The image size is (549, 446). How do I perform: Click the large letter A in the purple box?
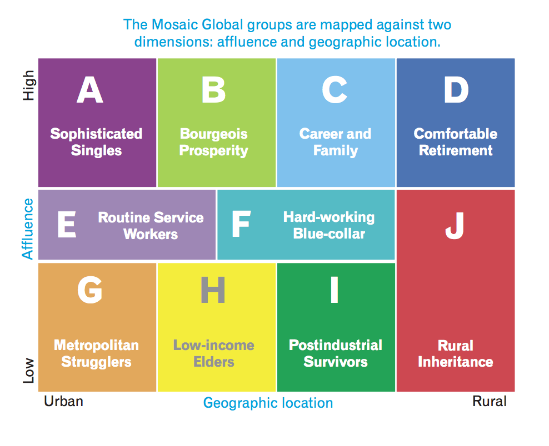tap(90, 90)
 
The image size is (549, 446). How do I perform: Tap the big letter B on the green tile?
tap(213, 90)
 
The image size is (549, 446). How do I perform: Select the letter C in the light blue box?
tap(335, 90)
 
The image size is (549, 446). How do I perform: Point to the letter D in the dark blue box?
tap(456, 90)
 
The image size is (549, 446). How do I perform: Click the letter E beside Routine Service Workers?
tap(66, 225)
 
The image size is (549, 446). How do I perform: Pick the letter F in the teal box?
tap(241, 225)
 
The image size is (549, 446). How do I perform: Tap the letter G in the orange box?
tap(90, 290)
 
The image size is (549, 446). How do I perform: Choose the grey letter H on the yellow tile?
tap(213, 290)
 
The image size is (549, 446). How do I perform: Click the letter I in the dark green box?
tap(334, 290)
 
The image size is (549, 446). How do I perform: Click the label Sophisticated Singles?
tap(96, 142)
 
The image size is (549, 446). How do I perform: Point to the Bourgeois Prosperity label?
tap(214, 142)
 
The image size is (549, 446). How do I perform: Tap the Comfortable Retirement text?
tap(456, 142)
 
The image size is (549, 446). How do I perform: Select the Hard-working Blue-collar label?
tap(329, 225)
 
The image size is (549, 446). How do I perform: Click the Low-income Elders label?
tap(214, 353)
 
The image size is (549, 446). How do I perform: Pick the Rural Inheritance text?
tap(456, 354)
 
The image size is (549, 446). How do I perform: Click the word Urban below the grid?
tap(63, 401)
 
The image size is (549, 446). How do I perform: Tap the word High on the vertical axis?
tap(28, 85)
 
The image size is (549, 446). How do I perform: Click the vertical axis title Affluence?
tap(28, 228)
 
